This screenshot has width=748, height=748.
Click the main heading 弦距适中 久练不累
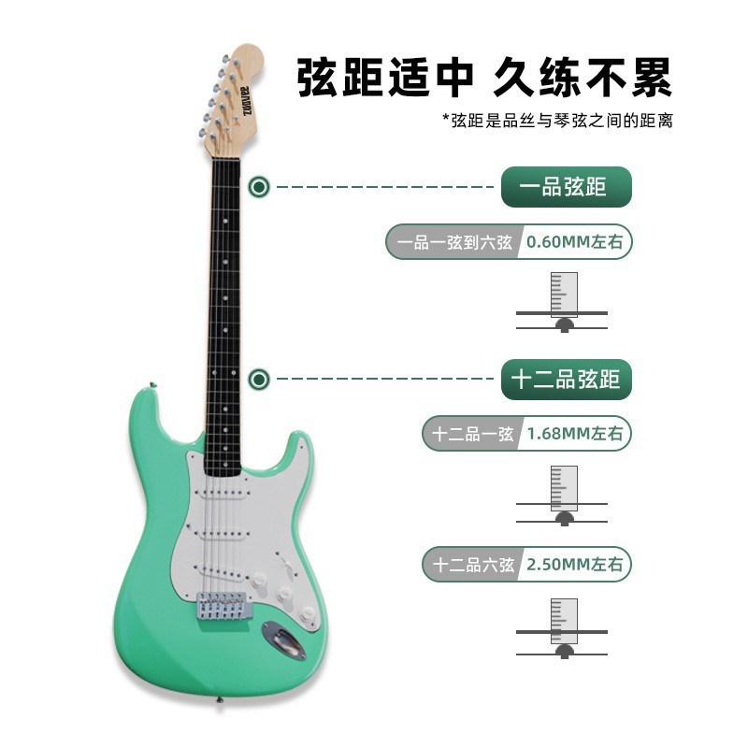point(484,78)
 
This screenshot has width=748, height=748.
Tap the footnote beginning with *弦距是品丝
point(557,121)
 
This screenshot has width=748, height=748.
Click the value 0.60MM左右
point(575,242)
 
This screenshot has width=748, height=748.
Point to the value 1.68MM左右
point(575,434)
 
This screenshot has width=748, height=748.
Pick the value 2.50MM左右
point(575,565)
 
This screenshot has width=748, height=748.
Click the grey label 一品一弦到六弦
point(454,242)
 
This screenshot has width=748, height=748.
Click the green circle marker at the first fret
point(260,187)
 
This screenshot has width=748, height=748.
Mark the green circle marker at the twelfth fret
point(260,379)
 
